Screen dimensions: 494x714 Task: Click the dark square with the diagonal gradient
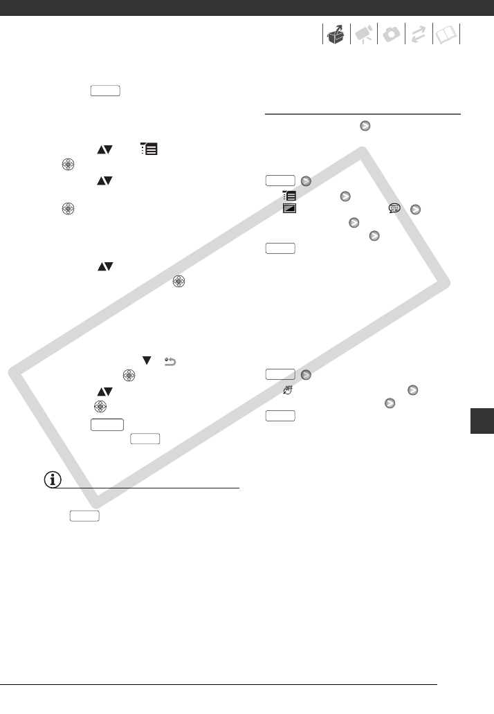pyautogui.click(x=289, y=208)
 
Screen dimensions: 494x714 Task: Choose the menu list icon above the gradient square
pyautogui.click(x=289, y=196)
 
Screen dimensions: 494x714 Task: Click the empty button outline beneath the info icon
pyautogui.click(x=84, y=515)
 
